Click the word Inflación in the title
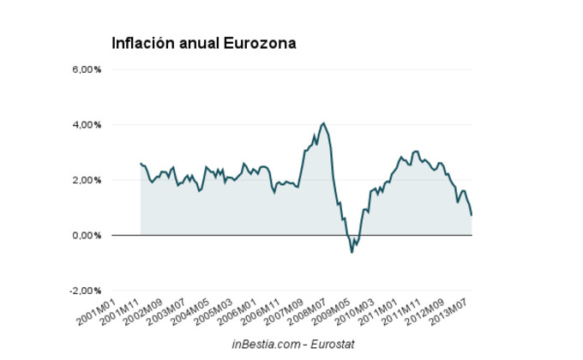click(x=142, y=42)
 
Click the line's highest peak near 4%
click(x=323, y=123)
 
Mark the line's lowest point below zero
click(x=352, y=252)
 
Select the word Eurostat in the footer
click(x=330, y=344)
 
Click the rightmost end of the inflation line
click(x=472, y=214)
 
